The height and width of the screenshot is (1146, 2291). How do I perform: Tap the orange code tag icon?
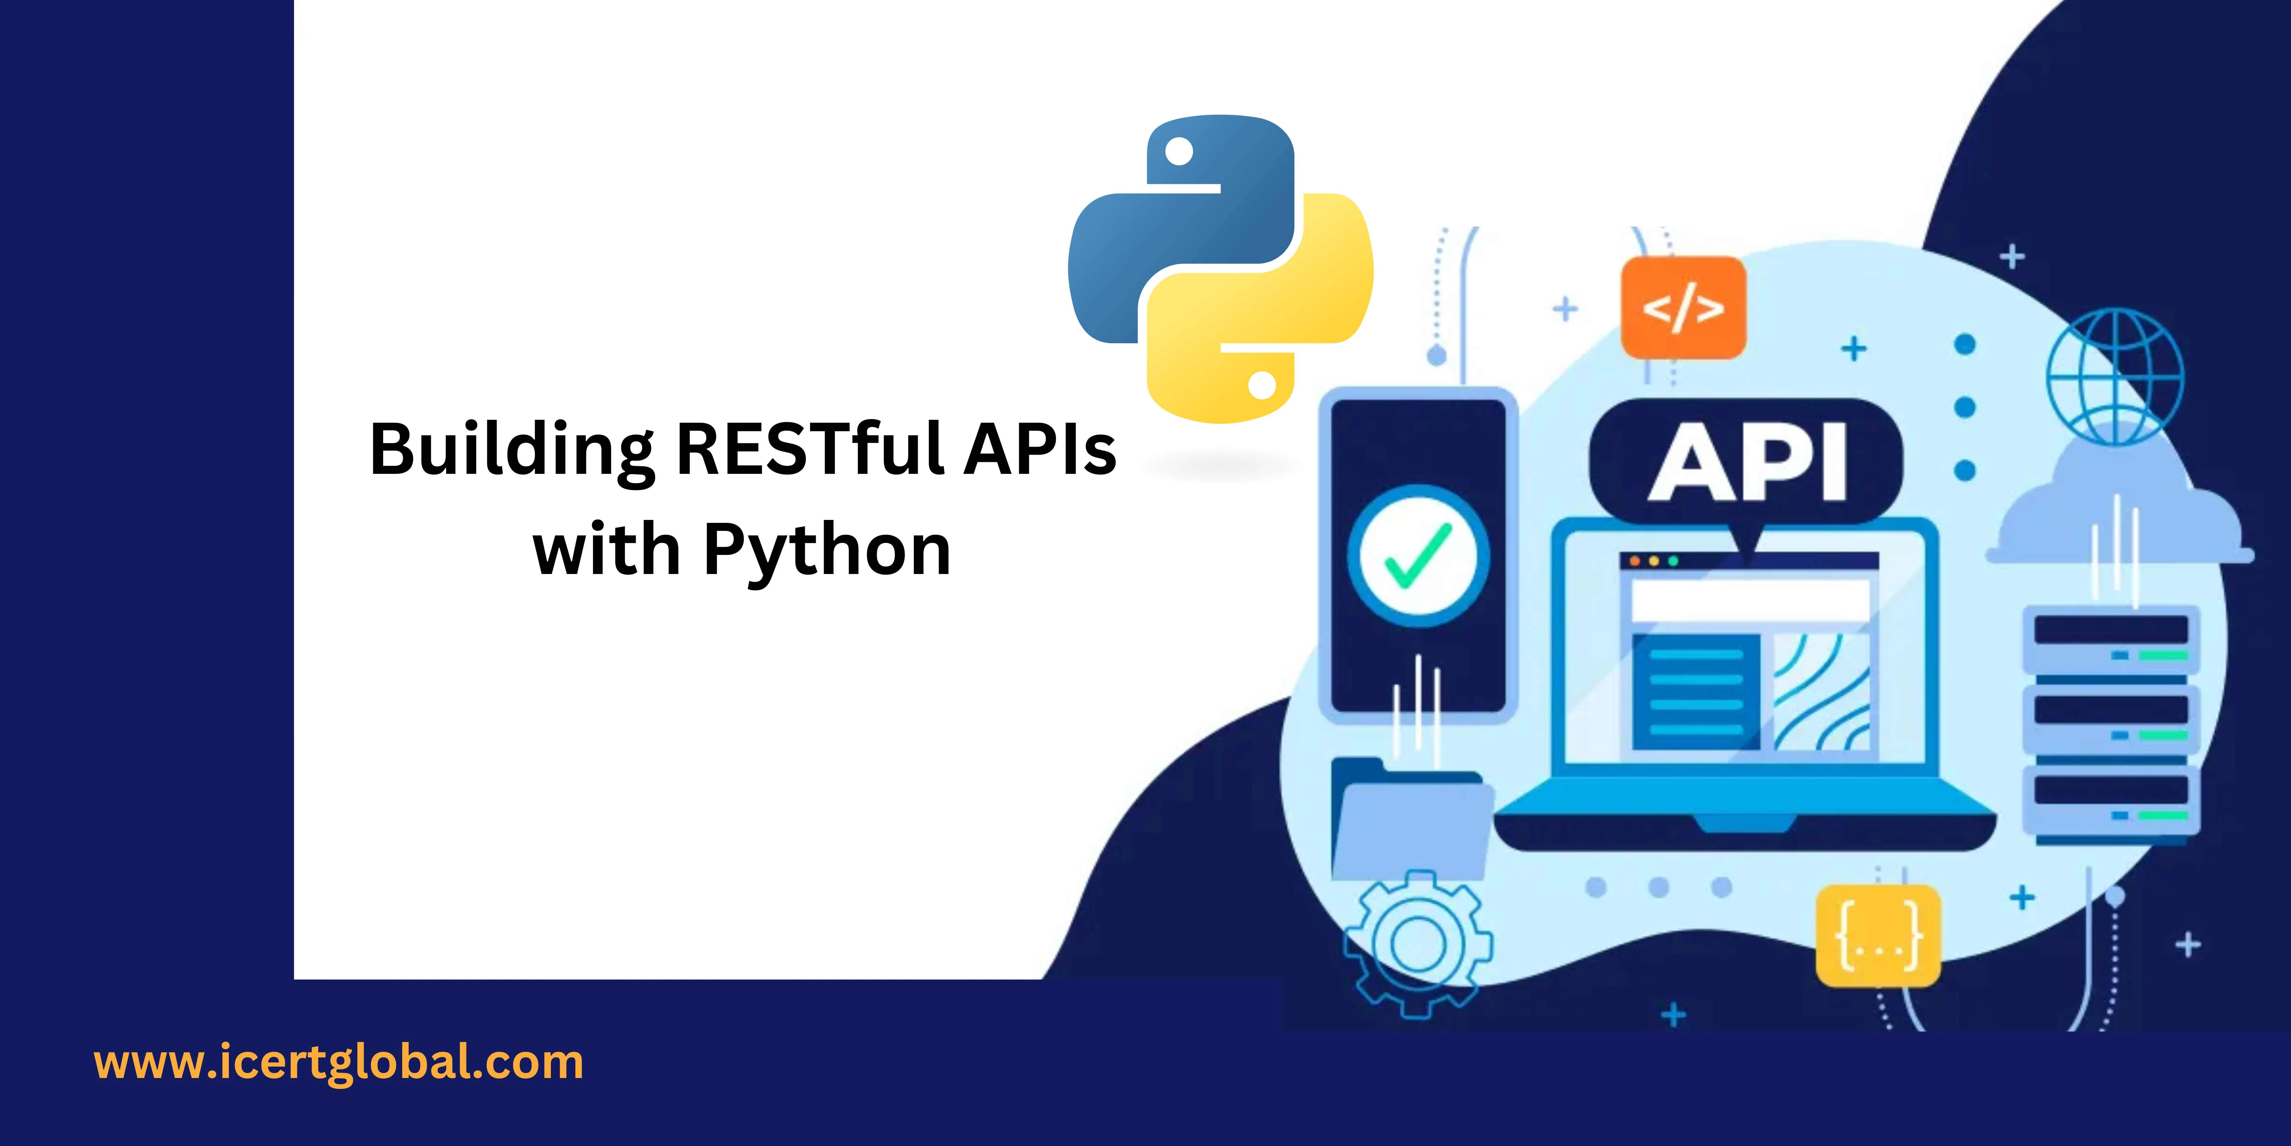(x=1683, y=308)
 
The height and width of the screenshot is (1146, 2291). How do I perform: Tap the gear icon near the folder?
(x=1418, y=943)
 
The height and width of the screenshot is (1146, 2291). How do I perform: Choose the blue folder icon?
(x=1411, y=819)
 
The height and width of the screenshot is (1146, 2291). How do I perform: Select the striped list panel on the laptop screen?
(x=1696, y=692)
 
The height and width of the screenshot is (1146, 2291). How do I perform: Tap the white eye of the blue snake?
(x=1179, y=151)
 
